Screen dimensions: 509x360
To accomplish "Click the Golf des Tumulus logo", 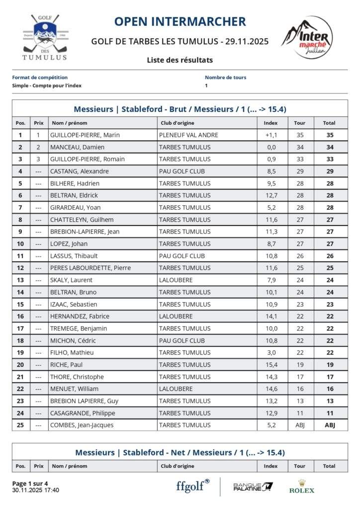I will tap(44, 37).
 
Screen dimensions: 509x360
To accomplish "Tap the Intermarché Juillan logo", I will tap(307, 37).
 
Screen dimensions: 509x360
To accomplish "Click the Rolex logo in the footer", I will tap(302, 487).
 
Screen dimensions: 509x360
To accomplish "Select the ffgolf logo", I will tap(193, 486).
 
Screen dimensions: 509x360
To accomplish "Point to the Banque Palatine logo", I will tap(253, 487).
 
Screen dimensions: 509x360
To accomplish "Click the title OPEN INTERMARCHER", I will tap(180, 21).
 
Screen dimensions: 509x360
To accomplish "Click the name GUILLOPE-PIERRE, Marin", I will tap(85, 135).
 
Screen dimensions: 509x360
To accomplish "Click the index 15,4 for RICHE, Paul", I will tap(271, 364).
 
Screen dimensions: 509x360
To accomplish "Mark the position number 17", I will tap(20, 328).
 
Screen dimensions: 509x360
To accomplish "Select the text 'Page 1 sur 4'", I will tap(30, 483).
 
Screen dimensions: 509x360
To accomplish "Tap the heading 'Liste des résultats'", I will tap(180, 60).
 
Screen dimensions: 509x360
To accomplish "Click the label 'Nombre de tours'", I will tap(225, 78).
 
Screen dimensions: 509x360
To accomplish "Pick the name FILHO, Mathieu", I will tap(72, 352).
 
